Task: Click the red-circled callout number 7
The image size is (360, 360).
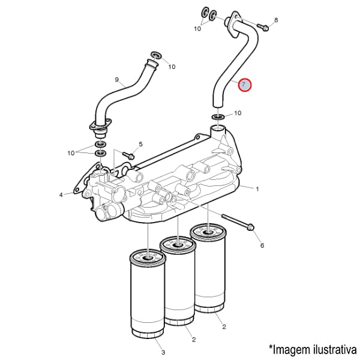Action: tap(245, 85)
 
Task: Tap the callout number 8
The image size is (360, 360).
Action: tap(276, 20)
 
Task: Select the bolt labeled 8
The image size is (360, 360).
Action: tap(263, 28)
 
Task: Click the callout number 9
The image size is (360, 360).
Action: tap(117, 80)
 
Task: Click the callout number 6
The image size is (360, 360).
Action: tap(262, 245)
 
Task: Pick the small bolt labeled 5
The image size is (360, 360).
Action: tap(129, 155)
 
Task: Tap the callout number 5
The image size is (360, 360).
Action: tap(140, 144)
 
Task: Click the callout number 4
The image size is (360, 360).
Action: tap(61, 195)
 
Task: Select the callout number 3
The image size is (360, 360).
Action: tap(163, 352)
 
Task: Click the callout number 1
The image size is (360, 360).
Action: tap(257, 189)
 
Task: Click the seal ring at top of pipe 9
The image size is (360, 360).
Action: tap(156, 55)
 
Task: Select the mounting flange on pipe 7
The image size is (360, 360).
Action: tap(233, 23)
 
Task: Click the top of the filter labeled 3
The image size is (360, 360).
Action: tap(148, 258)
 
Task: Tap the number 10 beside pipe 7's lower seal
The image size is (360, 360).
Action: tap(238, 113)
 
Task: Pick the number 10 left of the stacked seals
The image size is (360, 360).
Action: tap(71, 153)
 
